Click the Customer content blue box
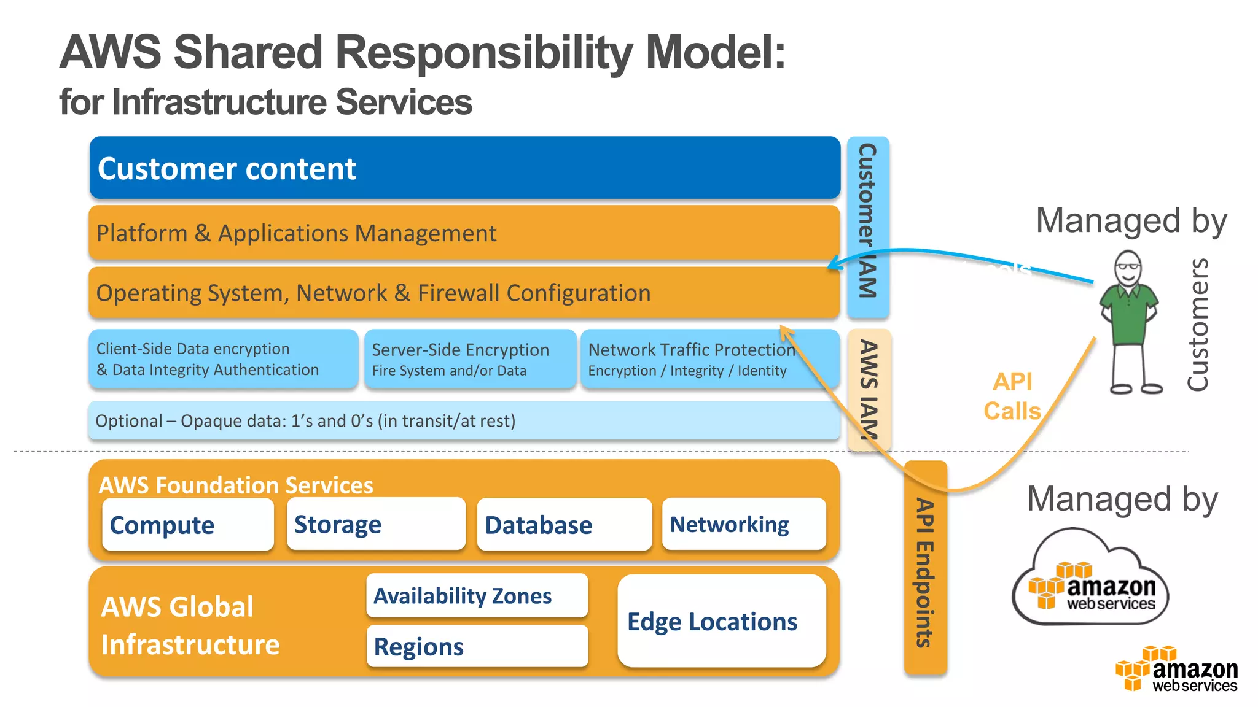point(464,168)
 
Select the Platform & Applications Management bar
point(464,233)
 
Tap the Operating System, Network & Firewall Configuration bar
point(464,293)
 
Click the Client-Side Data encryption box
point(224,359)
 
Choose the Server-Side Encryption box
point(471,359)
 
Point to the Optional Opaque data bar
point(464,421)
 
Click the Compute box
point(188,525)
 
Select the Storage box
point(376,524)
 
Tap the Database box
point(564,525)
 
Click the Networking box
point(744,524)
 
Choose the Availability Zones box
point(477,595)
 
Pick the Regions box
point(477,646)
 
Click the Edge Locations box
point(722,621)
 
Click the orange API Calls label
point(1012,396)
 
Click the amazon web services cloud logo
point(1090,580)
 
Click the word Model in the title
point(714,52)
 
